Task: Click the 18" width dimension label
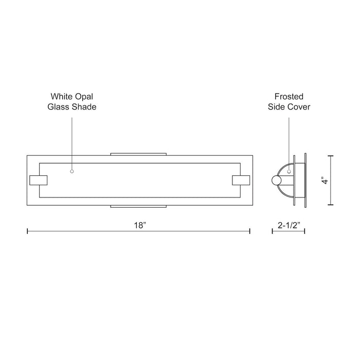138,226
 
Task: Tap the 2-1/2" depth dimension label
288,226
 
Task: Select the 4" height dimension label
324,181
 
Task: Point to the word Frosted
289,96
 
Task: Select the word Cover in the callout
300,107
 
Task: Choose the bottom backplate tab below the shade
138,206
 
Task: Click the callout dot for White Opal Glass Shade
72,171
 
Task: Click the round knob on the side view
277,181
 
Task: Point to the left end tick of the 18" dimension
27,231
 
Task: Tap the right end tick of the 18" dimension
250,231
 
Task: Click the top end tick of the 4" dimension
330,156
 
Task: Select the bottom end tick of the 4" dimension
330,205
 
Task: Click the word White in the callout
60,96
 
